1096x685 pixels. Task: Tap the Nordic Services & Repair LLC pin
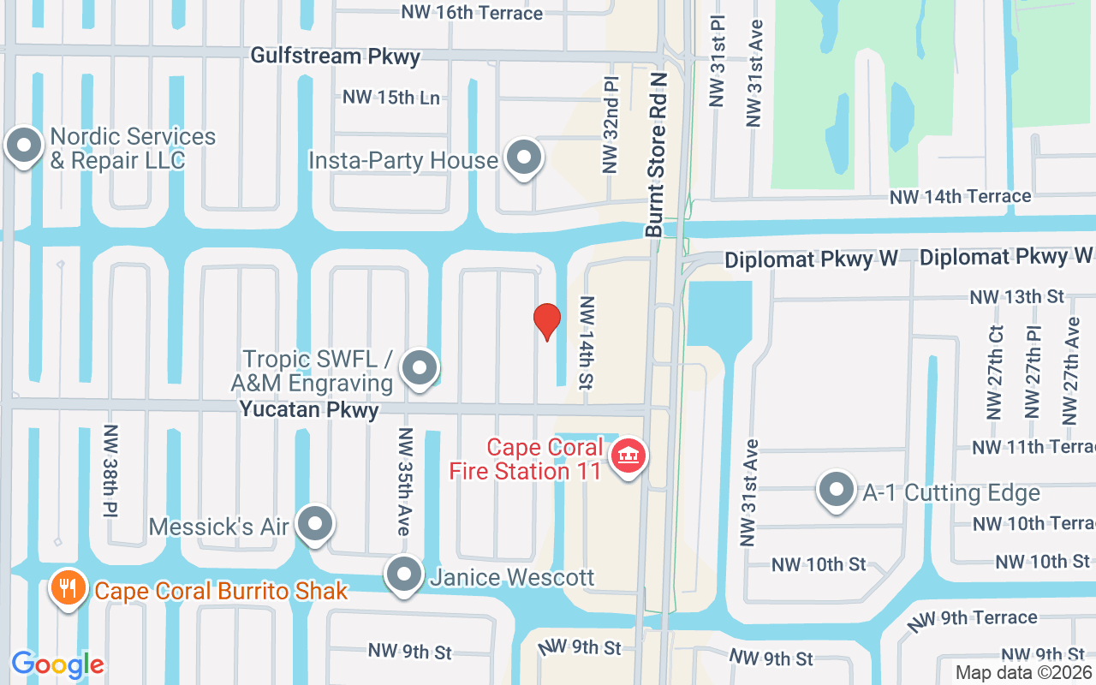tap(24, 146)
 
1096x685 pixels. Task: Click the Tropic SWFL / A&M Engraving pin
tap(420, 369)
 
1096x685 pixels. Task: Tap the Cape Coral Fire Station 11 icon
tap(629, 457)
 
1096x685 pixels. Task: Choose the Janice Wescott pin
tap(404, 575)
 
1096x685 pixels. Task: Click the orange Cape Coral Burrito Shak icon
tap(66, 589)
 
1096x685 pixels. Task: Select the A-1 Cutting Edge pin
tap(836, 491)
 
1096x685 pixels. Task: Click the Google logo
tap(57, 664)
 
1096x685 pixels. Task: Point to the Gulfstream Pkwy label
tap(336, 57)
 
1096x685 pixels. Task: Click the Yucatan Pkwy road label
tap(309, 410)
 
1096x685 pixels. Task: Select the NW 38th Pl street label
tap(110, 470)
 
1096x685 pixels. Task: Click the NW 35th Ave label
tap(404, 481)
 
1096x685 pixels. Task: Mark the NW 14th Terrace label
tap(960, 197)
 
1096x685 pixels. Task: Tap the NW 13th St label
tap(1016, 297)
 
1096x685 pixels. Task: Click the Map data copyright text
tap(1024, 673)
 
